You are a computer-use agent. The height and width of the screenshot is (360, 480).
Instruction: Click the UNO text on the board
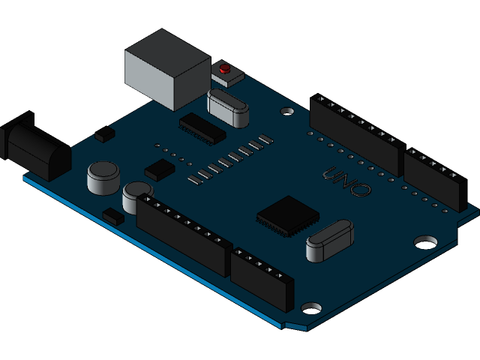(346, 181)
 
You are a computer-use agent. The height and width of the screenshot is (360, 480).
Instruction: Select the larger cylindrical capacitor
(103, 178)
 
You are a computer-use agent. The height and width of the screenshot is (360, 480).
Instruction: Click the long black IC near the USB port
(202, 129)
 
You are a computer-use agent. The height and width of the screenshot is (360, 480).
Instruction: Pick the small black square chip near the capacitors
(159, 169)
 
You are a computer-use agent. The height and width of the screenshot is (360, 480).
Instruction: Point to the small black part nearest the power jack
(105, 134)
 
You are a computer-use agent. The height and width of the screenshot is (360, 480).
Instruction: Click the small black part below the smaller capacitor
(114, 217)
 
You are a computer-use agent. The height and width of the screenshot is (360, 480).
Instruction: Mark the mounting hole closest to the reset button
(287, 111)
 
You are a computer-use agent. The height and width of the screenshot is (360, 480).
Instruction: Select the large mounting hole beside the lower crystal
(426, 241)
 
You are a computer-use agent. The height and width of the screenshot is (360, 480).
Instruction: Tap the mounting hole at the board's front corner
(310, 308)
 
